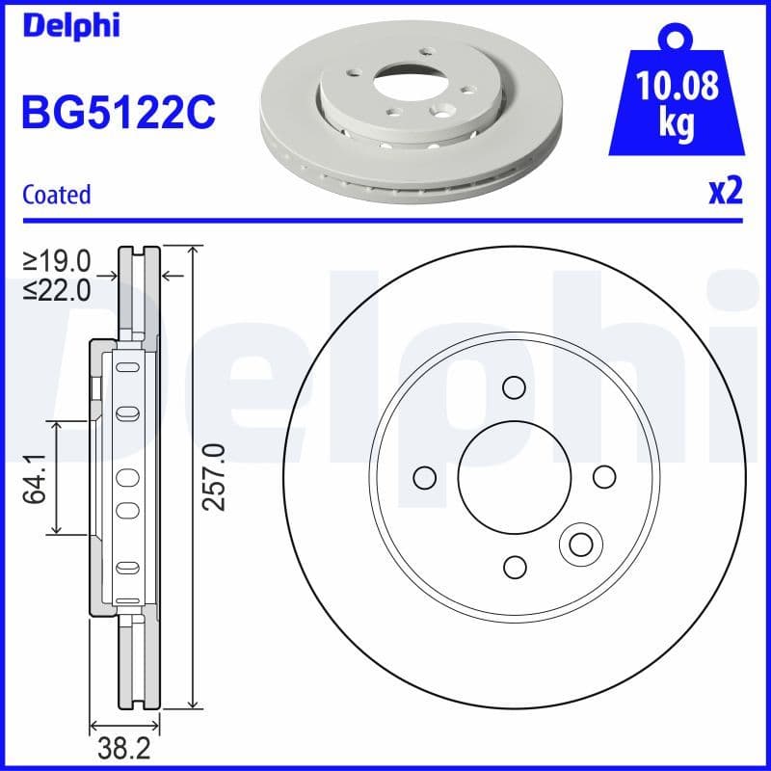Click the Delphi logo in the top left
click(x=70, y=24)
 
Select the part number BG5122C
click(x=118, y=113)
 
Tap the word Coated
click(x=56, y=194)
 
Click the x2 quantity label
click(x=726, y=191)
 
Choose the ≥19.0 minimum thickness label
click(x=58, y=260)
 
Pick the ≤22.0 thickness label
click(x=58, y=288)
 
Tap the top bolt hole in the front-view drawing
click(x=513, y=387)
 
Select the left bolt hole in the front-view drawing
click(x=423, y=477)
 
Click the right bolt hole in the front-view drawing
click(x=603, y=477)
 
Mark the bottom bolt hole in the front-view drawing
click(x=515, y=567)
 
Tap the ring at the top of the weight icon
click(x=678, y=39)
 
